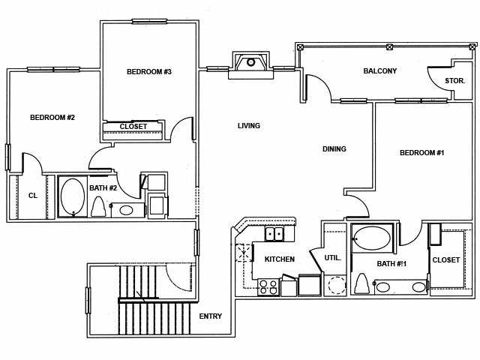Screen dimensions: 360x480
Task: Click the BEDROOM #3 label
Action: (x=149, y=72)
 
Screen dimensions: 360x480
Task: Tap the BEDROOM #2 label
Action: (x=52, y=117)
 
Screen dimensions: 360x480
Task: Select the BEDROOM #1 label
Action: (x=422, y=153)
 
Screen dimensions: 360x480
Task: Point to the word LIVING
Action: (x=249, y=126)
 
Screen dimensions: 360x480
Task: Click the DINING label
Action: (x=334, y=149)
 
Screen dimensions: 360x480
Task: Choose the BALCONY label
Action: (x=380, y=71)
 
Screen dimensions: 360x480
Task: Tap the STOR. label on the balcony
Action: (x=454, y=80)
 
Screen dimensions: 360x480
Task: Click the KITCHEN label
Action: (x=280, y=259)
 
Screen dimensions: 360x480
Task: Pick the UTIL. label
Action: (x=333, y=257)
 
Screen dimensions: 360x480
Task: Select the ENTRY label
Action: (x=211, y=316)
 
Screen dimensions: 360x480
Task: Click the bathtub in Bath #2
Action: (x=73, y=196)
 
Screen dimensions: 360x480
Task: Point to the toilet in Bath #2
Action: (x=98, y=206)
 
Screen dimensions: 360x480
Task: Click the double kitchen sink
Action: (x=275, y=234)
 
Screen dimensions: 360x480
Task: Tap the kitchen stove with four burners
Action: (x=268, y=286)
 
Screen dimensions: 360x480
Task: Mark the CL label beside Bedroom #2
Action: (x=33, y=196)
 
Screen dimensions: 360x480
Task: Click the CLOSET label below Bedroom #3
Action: (x=133, y=126)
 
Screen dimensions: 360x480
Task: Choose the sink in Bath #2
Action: (x=126, y=210)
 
